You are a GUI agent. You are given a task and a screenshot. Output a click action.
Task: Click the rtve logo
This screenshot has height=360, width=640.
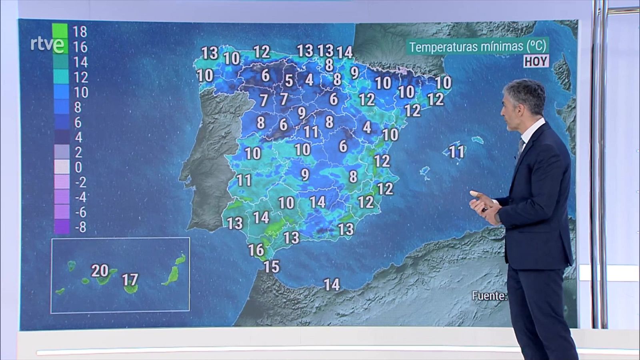[x=47, y=44]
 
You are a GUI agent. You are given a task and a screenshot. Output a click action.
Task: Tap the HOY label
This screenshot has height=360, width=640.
[x=536, y=62]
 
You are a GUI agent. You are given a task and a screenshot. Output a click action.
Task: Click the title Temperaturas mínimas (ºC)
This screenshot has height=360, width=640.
[x=478, y=46]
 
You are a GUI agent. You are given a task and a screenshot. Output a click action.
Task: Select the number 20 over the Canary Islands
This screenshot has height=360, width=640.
[x=100, y=271]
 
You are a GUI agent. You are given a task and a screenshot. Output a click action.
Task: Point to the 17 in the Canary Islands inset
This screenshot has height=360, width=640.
[x=130, y=280]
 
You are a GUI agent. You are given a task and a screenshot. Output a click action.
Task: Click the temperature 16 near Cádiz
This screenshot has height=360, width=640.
[x=256, y=250]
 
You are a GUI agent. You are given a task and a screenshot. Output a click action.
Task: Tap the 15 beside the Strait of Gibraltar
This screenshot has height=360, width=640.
[x=271, y=266]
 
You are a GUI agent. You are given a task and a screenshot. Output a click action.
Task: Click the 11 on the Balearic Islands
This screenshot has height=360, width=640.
[x=457, y=152]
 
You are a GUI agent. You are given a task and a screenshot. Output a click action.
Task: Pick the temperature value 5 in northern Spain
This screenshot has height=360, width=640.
[x=289, y=81]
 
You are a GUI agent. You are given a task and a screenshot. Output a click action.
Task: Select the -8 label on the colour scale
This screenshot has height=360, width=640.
[x=80, y=227]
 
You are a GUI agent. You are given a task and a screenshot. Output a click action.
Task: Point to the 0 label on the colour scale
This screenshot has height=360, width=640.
[x=78, y=167]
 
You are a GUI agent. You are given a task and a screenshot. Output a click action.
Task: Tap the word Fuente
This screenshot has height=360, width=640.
[x=489, y=296]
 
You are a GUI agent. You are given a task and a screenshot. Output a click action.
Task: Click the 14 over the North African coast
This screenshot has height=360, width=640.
[x=332, y=285]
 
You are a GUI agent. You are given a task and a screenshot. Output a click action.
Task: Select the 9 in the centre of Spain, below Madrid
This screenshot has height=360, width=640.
[x=305, y=174]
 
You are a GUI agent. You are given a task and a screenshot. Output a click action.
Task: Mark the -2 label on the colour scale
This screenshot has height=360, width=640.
[x=80, y=182]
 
